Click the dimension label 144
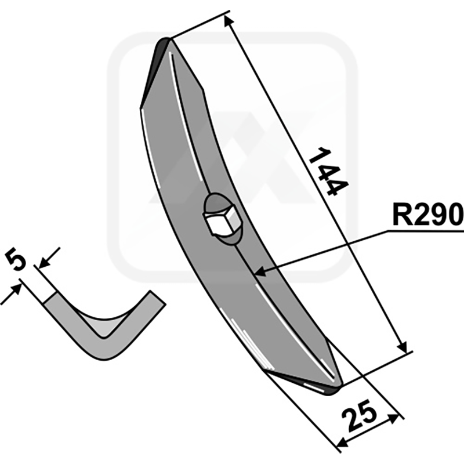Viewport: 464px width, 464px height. click(x=328, y=172)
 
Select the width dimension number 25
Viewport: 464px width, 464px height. click(x=359, y=415)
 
